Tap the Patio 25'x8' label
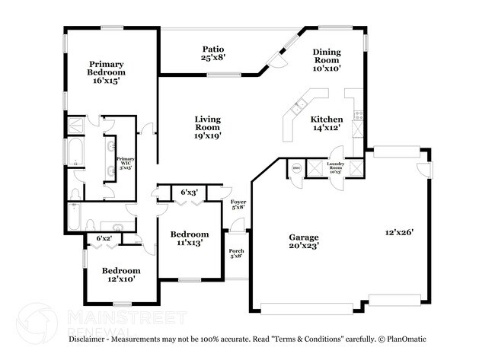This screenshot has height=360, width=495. coord(212,52)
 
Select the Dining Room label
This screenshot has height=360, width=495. coord(326,60)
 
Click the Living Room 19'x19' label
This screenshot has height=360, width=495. coord(207,125)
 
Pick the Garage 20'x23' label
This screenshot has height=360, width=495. coord(303,241)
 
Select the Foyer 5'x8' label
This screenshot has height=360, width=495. coord(238,203)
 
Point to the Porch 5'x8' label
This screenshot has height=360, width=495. coord(236,253)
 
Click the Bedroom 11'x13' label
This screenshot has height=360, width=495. coord(189,238)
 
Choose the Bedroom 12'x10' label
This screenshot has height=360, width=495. coord(121,275)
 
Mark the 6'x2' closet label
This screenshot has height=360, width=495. coord(104,239)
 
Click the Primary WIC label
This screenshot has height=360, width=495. coord(125,162)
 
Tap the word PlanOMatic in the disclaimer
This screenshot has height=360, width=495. coord(407,339)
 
